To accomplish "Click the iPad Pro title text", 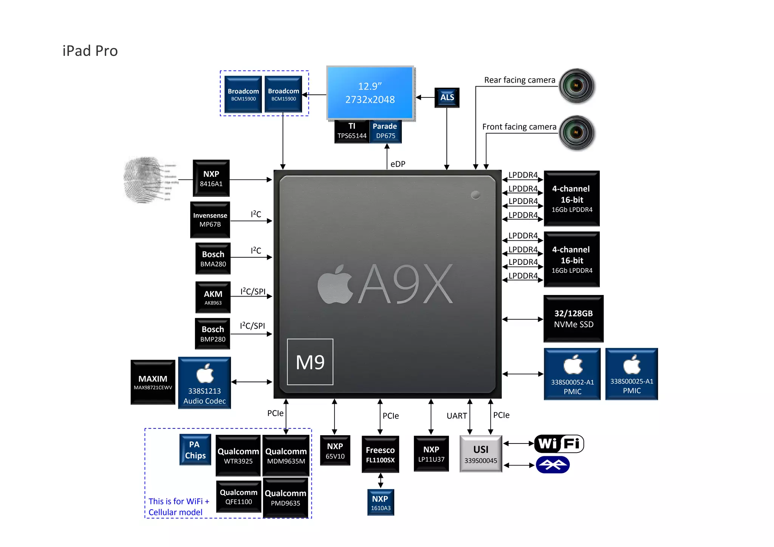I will [x=90, y=51].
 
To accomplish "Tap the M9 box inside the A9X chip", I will [x=310, y=362].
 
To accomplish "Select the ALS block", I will [x=447, y=97].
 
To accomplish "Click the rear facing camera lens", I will [x=576, y=86].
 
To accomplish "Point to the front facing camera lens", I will [x=576, y=133].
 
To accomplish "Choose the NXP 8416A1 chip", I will [x=211, y=178].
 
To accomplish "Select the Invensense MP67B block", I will [x=210, y=220].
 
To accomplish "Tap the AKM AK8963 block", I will [x=213, y=297].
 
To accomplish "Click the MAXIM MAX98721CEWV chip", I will [x=153, y=382].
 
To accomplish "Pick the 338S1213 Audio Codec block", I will [x=204, y=383].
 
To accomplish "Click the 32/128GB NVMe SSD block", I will [x=573, y=318].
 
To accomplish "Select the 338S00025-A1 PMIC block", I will [x=632, y=374].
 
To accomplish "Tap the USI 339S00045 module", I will [x=481, y=454].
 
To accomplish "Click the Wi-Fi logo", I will [x=559, y=443].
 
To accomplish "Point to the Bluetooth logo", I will [x=553, y=465].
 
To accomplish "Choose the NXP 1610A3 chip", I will [x=381, y=502].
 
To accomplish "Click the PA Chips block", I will [x=195, y=450].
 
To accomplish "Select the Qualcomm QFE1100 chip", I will [x=238, y=496].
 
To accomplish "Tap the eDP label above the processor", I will [x=398, y=164].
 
